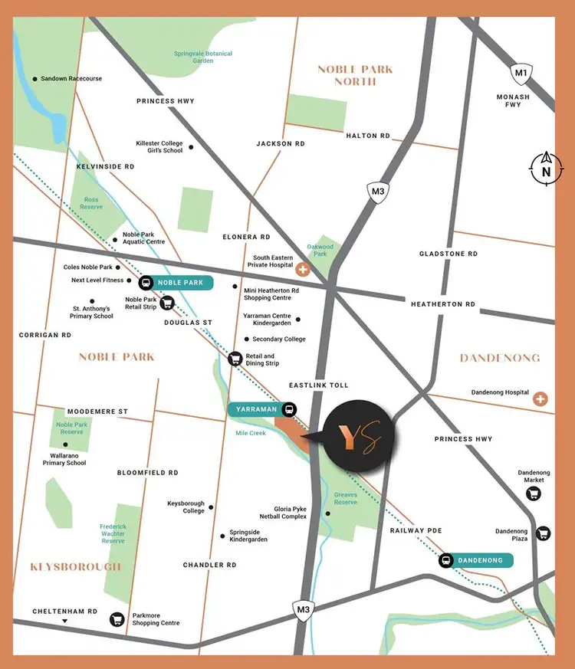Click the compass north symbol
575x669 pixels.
tap(546, 169)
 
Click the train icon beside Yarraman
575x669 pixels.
tap(289, 409)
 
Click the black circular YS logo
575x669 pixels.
tap(360, 436)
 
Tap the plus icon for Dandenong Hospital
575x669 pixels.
tap(541, 398)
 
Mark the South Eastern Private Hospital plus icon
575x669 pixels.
tap(303, 269)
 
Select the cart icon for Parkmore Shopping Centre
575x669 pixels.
tap(117, 618)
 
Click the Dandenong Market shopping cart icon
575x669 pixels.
tap(533, 494)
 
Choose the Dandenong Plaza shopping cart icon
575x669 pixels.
tap(543, 533)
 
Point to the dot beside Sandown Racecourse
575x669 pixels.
tap(34, 79)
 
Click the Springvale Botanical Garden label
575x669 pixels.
tap(203, 57)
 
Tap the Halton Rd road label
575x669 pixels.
tap(368, 136)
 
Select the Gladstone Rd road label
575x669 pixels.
tap(448, 254)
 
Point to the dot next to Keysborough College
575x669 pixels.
tap(212, 507)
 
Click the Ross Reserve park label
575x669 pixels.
tap(91, 203)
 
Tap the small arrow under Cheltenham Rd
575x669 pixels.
tap(65, 621)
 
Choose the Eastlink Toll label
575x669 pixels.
tap(318, 385)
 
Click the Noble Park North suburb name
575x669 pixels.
tap(355, 75)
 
